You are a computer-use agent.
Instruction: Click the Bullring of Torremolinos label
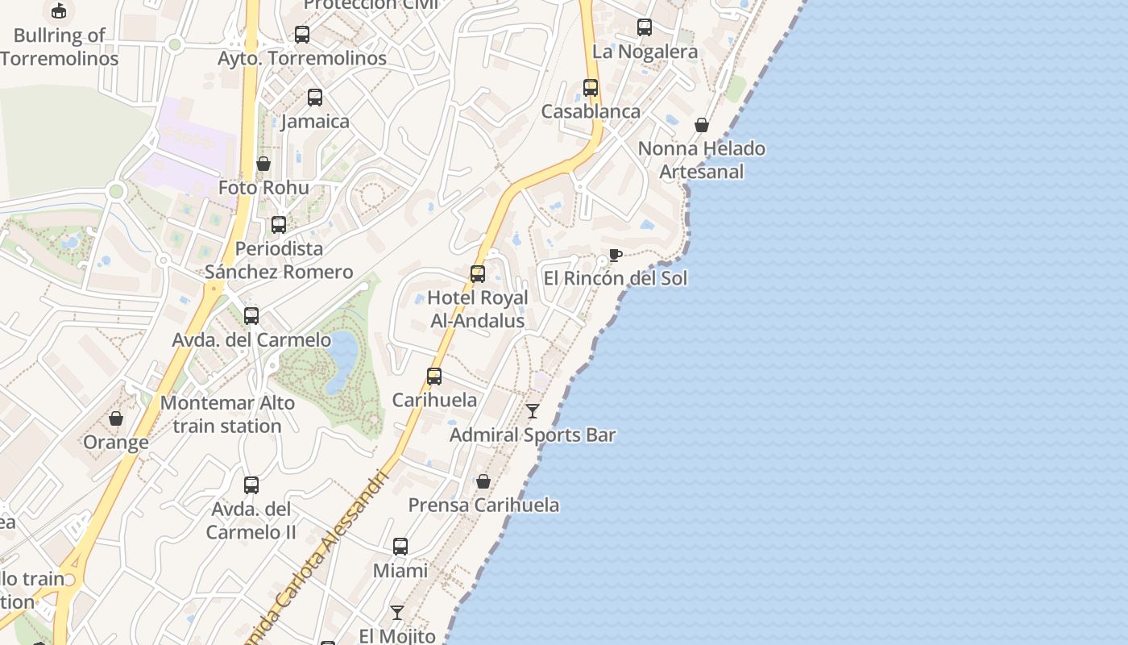59,47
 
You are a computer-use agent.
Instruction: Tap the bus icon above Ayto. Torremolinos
302,35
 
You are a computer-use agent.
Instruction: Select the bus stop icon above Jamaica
315,98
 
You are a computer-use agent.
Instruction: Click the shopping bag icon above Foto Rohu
263,164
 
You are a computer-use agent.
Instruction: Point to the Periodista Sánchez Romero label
279,260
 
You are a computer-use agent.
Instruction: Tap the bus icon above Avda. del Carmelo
251,315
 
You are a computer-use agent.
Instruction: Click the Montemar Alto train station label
227,414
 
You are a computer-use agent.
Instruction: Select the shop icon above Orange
116,418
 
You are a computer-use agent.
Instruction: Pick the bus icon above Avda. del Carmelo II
251,485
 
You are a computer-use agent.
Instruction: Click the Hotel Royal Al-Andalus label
478,309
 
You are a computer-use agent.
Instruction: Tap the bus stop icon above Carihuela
434,376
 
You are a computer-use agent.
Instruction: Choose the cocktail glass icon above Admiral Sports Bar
533,411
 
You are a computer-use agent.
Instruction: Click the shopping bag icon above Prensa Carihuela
483,481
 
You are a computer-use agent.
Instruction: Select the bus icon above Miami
400,547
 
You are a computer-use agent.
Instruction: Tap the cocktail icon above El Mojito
397,612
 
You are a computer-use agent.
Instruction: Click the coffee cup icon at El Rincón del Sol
616,255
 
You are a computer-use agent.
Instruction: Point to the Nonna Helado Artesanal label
702,160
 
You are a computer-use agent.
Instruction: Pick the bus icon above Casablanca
591,87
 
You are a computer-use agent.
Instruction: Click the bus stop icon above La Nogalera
645,27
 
